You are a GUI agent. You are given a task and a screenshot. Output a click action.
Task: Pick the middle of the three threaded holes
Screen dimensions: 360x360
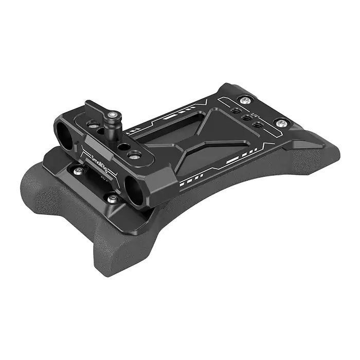tap(247, 118)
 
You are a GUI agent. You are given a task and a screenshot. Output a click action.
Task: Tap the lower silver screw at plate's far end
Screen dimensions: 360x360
tap(281, 123)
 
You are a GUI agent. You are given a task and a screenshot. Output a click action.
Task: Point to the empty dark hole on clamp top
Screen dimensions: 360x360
tap(124, 147)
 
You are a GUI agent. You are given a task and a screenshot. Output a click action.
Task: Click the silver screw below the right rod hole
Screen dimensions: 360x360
tap(112, 198)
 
